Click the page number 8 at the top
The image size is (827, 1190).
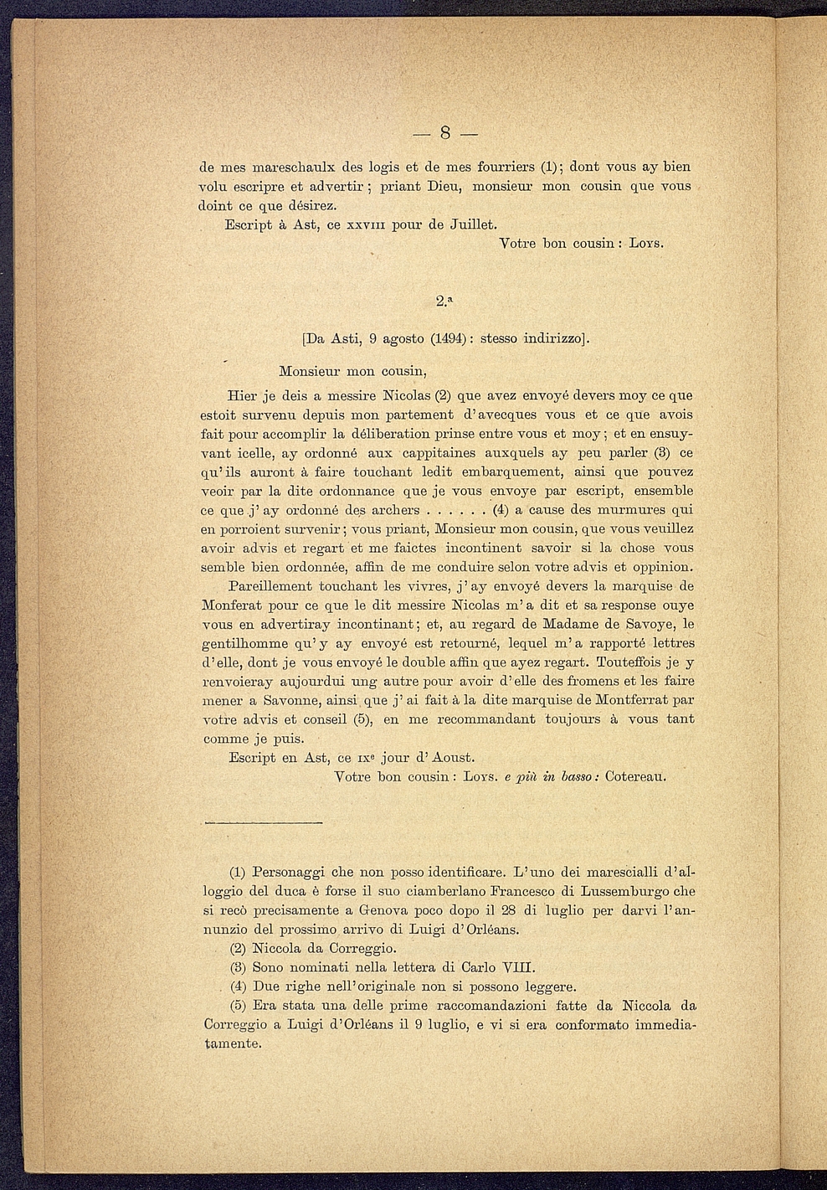click(445, 132)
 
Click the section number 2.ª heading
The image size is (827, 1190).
click(445, 300)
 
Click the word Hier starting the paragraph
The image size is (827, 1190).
click(244, 394)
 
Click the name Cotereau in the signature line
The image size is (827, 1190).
click(636, 776)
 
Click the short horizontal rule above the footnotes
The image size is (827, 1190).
click(263, 824)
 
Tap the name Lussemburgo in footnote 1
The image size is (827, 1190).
click(618, 891)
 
